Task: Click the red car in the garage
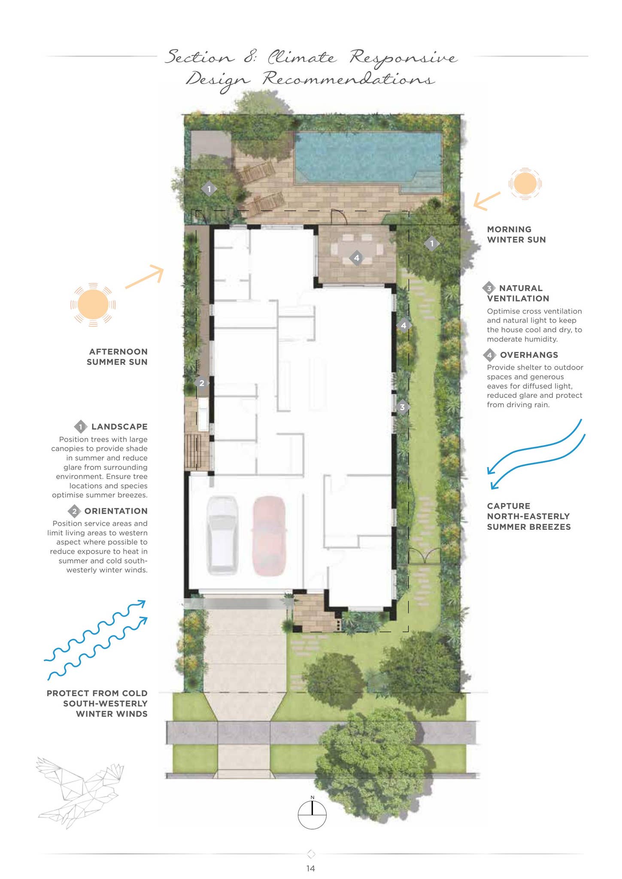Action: [269, 536]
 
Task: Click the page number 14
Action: [310, 868]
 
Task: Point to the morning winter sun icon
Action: [525, 184]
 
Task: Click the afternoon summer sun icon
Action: [93, 304]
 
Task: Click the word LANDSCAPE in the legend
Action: [119, 427]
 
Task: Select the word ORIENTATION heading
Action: [116, 511]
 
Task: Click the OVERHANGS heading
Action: [529, 355]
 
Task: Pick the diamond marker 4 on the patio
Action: [356, 258]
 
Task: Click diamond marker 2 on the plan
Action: [202, 383]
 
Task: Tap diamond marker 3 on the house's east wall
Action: [402, 407]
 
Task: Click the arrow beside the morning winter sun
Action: [487, 201]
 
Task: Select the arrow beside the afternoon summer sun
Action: [145, 277]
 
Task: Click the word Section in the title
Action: [200, 57]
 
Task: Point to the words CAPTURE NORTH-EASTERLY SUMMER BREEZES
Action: [528, 516]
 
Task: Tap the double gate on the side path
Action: [424, 556]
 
